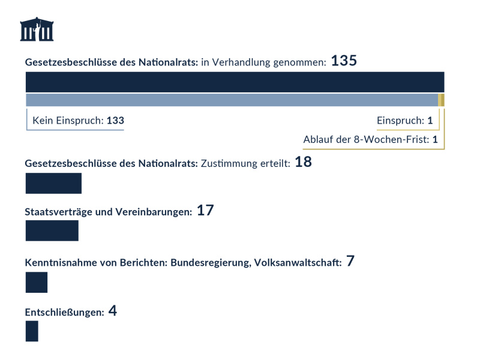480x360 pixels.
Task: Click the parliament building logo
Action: pyautogui.click(x=37, y=29)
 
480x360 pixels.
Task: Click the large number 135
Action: pyautogui.click(x=344, y=61)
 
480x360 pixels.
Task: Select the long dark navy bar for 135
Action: pyautogui.click(x=235, y=82)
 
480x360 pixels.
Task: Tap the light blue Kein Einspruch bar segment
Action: pyautogui.click(x=232, y=100)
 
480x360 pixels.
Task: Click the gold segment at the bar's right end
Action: pyautogui.click(x=442, y=100)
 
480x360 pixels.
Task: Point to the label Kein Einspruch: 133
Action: pyautogui.click(x=78, y=121)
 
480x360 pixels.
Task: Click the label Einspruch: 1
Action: pyautogui.click(x=404, y=121)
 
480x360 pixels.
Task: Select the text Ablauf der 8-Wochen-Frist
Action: pyautogui.click(x=366, y=140)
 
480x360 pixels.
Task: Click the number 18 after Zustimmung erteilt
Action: pyautogui.click(x=303, y=162)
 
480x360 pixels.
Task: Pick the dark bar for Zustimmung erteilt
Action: pyautogui.click(x=53, y=183)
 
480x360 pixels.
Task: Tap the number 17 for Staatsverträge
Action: pyautogui.click(x=205, y=211)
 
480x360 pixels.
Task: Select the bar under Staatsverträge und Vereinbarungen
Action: pyautogui.click(x=52, y=230)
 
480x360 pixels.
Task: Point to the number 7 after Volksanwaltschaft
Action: pyautogui.click(x=350, y=262)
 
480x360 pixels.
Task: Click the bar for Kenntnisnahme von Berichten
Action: pyautogui.click(x=36, y=282)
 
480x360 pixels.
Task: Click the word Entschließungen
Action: pyautogui.click(x=64, y=313)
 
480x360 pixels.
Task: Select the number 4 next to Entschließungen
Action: pyautogui.click(x=113, y=311)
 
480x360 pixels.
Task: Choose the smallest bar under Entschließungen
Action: pyautogui.click(x=32, y=331)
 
